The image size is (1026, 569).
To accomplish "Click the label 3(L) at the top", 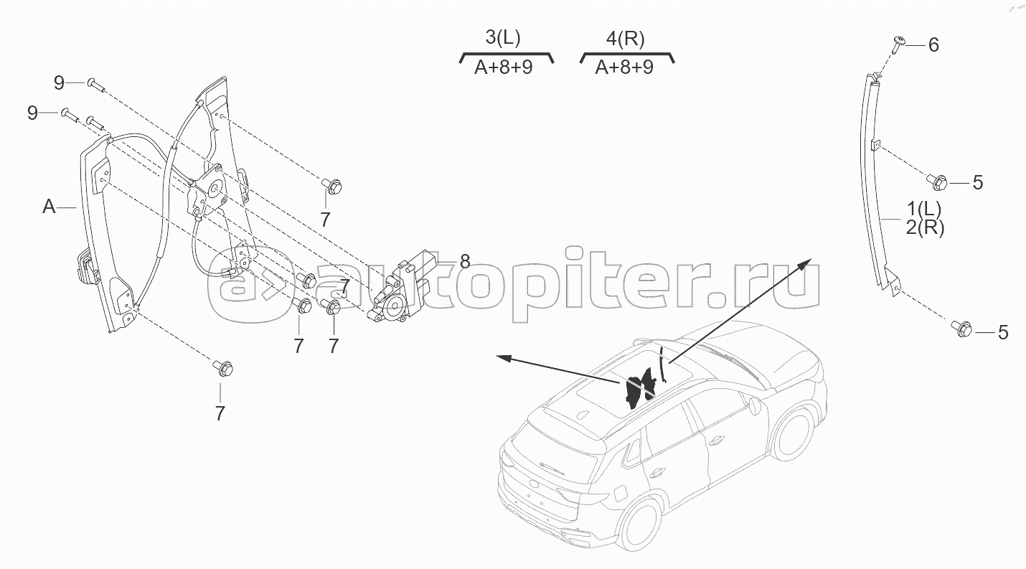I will [504, 39].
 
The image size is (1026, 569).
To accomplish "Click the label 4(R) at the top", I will [624, 39].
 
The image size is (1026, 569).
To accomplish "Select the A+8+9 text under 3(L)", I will [504, 68].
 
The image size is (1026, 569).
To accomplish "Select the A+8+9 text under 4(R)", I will [624, 68].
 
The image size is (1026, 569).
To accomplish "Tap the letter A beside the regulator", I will [49, 207].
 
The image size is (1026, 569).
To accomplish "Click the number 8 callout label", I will [465, 261].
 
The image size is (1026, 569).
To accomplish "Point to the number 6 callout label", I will [933, 44].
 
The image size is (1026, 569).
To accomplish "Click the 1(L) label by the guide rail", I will [924, 210].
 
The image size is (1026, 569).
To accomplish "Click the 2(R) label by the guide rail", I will [924, 228].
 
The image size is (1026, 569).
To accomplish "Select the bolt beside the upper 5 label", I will [936, 182].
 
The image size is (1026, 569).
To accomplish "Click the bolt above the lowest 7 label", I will [220, 368].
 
